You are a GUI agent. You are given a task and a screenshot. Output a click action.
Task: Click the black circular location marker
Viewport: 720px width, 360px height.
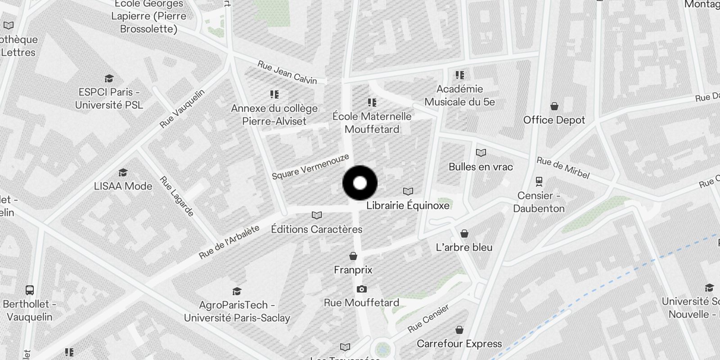coord(360,183)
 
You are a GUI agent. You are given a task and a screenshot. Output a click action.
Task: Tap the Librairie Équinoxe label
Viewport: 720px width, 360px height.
coord(408,206)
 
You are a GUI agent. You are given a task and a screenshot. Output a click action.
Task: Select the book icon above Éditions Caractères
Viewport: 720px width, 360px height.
coord(317,216)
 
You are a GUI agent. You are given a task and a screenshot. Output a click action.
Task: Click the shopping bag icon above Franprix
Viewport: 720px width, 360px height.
coord(353,256)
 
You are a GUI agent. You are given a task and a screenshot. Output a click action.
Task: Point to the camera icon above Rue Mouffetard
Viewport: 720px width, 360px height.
coord(361,289)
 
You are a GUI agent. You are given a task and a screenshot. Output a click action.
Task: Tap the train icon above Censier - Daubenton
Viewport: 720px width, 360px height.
coord(539,181)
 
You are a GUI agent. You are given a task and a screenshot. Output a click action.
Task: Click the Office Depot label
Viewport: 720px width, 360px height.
coord(554,120)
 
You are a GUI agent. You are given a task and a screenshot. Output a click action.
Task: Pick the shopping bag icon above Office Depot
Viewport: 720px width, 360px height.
coord(554,106)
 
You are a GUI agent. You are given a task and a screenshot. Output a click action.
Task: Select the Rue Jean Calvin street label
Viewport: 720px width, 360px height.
coord(287,72)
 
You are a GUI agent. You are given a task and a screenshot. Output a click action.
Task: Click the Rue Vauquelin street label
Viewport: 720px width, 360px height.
coord(182,108)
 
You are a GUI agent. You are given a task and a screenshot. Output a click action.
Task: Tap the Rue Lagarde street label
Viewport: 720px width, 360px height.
coord(177,196)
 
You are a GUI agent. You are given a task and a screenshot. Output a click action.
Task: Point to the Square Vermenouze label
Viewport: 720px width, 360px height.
coord(310,166)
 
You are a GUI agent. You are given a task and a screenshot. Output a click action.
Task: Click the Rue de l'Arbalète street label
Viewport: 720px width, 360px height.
coord(229,242)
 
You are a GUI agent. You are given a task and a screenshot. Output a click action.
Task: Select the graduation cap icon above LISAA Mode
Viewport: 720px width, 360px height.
coord(123,172)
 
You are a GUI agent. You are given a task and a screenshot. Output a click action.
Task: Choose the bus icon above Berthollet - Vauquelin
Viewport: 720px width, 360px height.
coord(30,290)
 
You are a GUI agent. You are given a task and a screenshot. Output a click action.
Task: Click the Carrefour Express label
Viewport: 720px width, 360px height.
coord(459,344)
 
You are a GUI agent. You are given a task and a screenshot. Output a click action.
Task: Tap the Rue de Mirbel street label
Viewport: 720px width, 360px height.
coord(563,168)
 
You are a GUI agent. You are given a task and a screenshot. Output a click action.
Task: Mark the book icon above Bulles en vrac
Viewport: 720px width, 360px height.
coord(481,153)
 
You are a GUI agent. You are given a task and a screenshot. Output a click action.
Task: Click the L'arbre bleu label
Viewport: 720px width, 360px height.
coord(464,247)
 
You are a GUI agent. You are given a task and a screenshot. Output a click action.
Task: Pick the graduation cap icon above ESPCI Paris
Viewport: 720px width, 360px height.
coord(109,79)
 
